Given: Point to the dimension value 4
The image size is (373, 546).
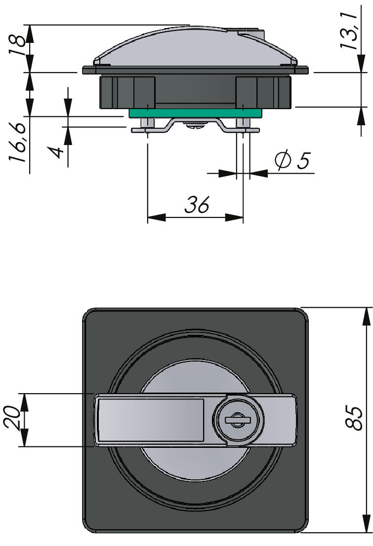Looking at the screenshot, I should pyautogui.click(x=58, y=151).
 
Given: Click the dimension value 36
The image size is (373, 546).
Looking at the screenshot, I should pyautogui.click(x=197, y=205).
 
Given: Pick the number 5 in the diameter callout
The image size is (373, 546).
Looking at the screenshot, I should pyautogui.click(x=303, y=161).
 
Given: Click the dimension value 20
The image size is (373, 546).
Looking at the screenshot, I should pyautogui.click(x=15, y=419).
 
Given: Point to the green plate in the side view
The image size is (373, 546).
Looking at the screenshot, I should pyautogui.click(x=195, y=113).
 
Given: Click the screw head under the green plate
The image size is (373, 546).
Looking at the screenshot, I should pyautogui.click(x=196, y=126).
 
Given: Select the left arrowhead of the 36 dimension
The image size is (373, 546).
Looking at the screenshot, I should pyautogui.click(x=156, y=218).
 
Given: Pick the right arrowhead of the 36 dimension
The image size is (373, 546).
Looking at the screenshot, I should pyautogui.click(x=235, y=218).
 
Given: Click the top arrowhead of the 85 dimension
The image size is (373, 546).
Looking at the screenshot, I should pyautogui.click(x=366, y=316).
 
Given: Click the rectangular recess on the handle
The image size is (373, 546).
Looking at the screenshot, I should pyautogui.click(x=151, y=419).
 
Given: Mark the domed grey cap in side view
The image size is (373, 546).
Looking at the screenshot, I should pyautogui.click(x=195, y=47).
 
